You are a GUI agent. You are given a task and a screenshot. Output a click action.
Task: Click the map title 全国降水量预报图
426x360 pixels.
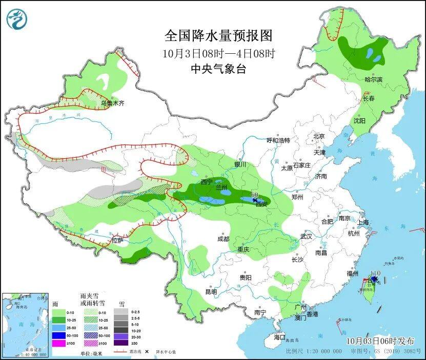point(218,35)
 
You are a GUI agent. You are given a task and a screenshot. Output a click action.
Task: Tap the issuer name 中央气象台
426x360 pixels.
point(218,69)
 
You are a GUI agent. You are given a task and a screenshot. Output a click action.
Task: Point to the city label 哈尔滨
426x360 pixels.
point(373,79)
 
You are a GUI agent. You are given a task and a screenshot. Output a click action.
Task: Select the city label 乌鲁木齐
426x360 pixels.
point(112,103)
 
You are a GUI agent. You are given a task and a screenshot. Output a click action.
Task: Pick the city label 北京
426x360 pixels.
point(319,136)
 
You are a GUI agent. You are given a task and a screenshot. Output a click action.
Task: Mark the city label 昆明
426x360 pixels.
point(211,292)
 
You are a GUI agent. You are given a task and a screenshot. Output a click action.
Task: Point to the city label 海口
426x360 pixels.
point(279,337)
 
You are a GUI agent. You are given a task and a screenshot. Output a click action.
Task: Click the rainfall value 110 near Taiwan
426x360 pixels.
point(374,273)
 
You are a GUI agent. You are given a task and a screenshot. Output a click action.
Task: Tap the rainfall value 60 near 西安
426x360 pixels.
point(254,195)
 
